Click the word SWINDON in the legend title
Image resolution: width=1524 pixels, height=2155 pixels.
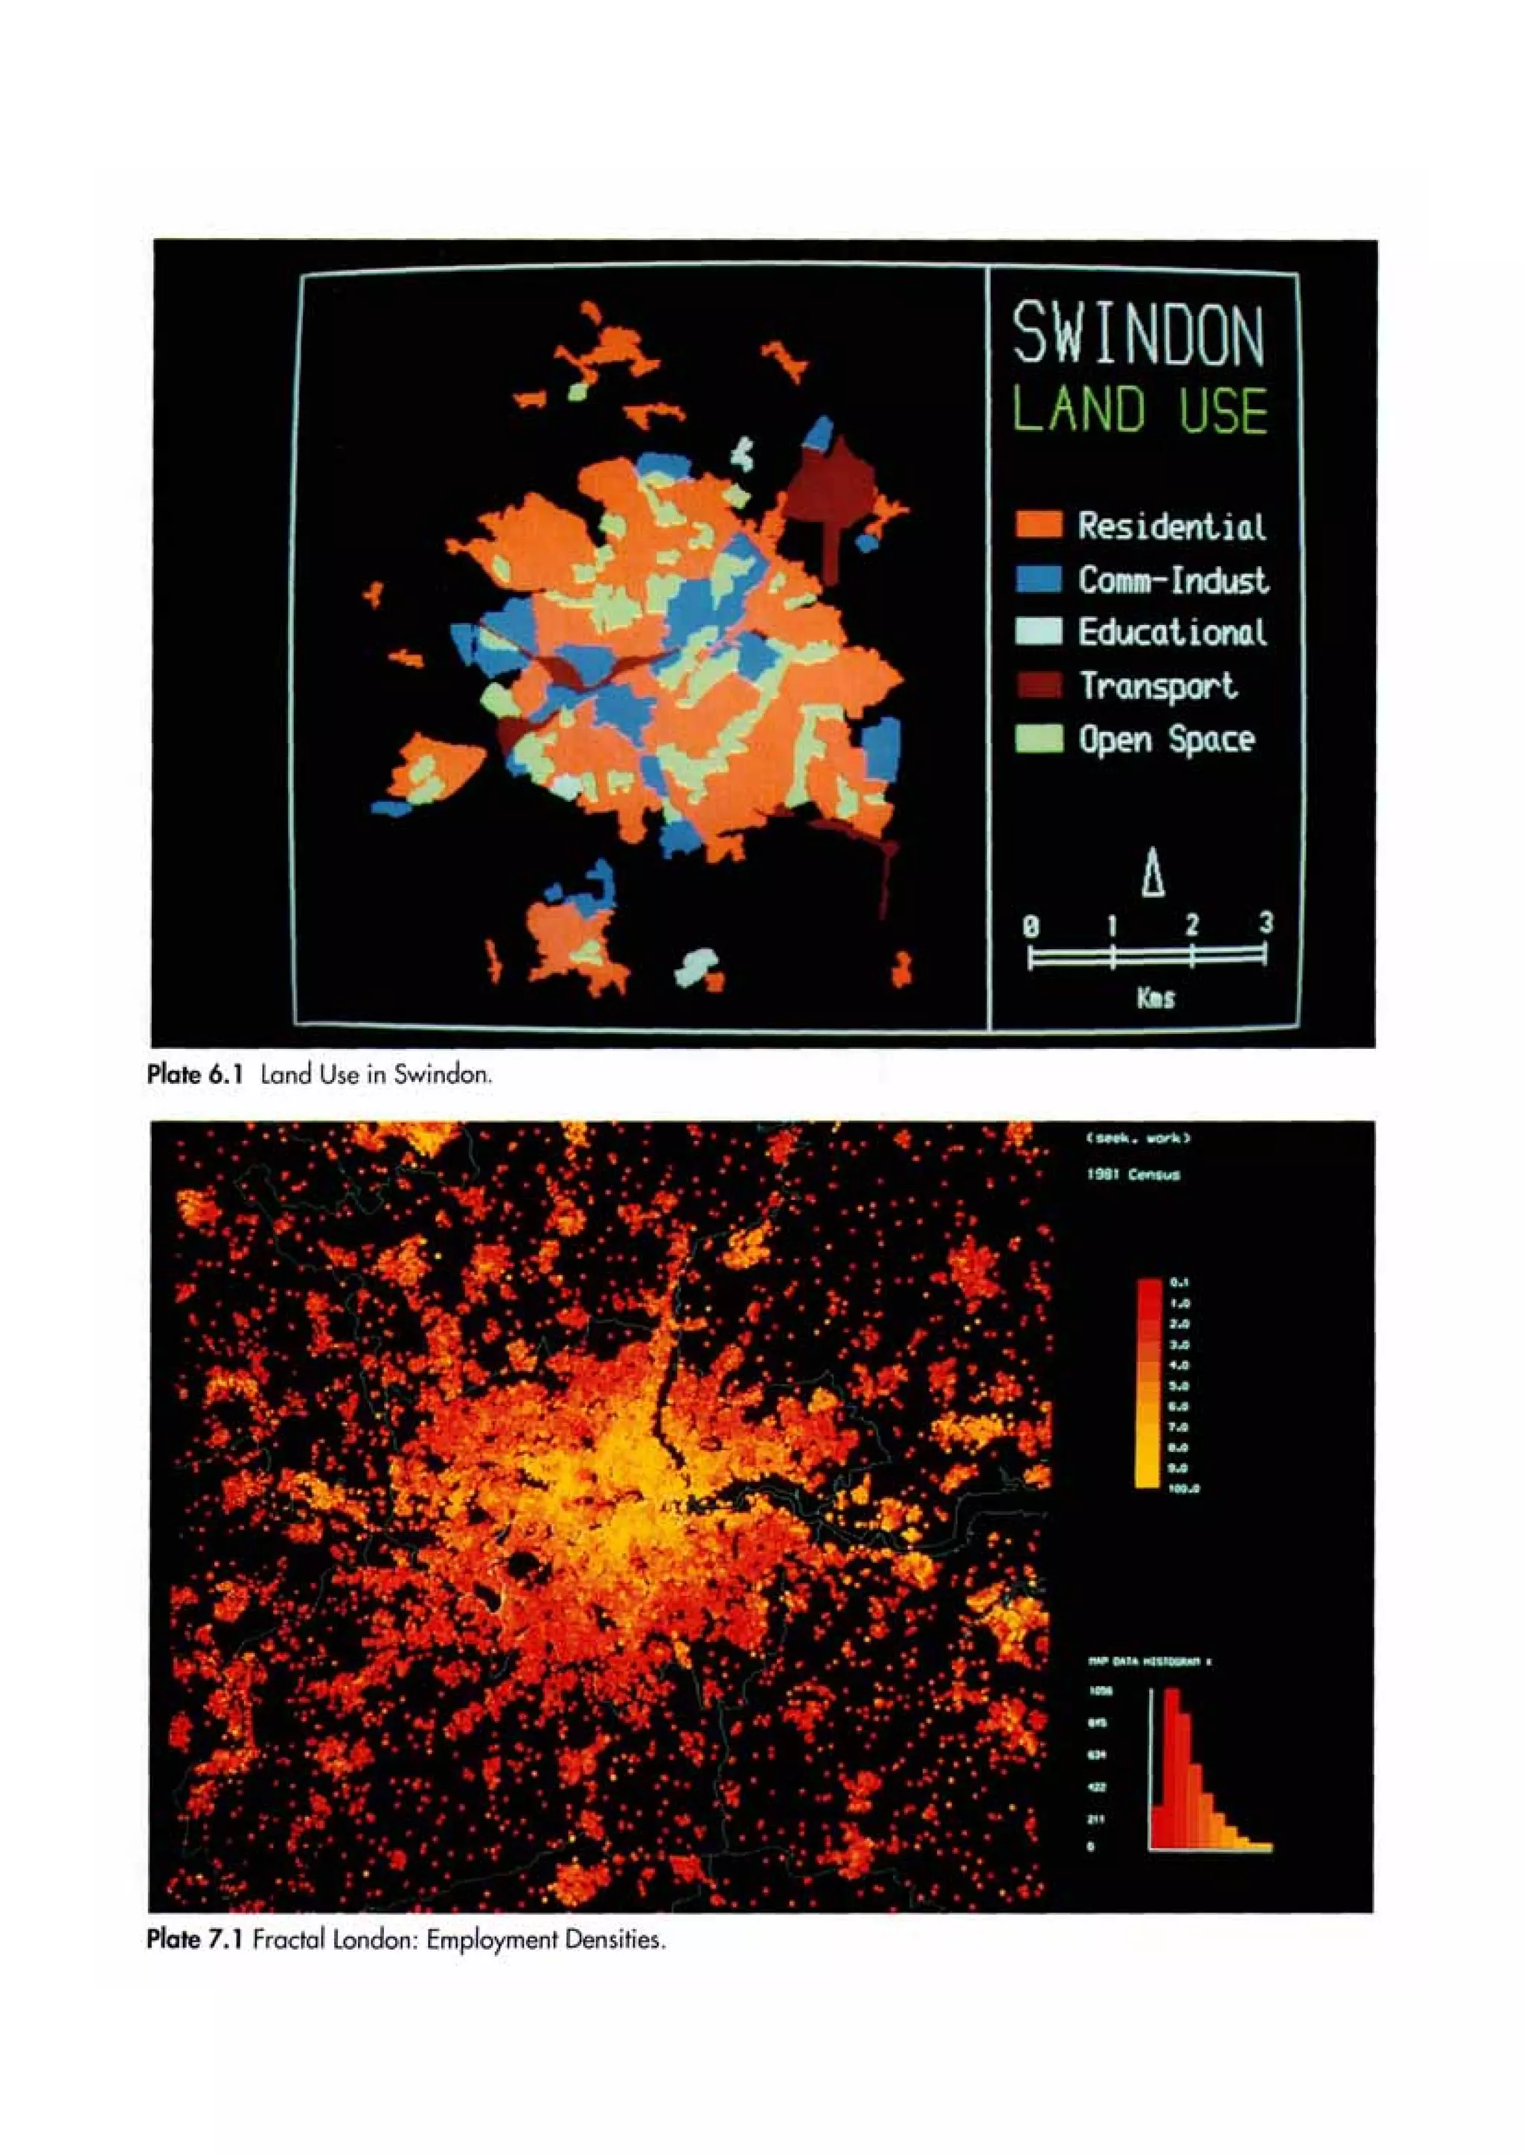point(1138,334)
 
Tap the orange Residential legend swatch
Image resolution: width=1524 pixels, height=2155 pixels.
point(1039,524)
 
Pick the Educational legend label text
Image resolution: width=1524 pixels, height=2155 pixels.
point(1172,632)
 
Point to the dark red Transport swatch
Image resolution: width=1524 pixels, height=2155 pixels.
point(1039,685)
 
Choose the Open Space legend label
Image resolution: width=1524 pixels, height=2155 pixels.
point(1165,739)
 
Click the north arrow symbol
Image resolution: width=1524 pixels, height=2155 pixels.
point(1153,873)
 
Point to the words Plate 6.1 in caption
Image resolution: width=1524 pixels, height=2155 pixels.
point(194,1075)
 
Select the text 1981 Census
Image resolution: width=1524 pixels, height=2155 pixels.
point(1133,1174)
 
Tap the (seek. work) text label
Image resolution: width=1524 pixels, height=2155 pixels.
point(1138,1139)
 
